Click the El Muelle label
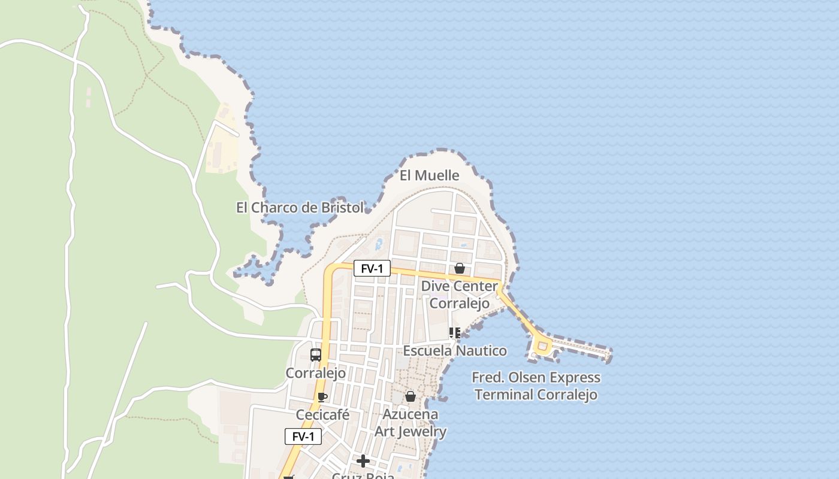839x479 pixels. point(429,175)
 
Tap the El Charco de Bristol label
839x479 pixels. point(300,208)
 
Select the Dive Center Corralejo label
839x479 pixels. point(460,295)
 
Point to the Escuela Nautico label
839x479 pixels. point(455,350)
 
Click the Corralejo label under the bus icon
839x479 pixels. point(316,373)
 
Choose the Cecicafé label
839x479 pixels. point(322,415)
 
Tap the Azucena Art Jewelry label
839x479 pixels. point(411,423)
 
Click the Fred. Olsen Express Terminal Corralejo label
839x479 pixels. point(536,386)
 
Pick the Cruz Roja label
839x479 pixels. point(363,476)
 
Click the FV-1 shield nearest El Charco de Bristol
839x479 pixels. point(372,269)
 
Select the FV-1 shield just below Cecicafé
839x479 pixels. point(303,436)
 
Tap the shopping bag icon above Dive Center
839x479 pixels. point(460,268)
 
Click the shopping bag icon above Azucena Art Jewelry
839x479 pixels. point(411,396)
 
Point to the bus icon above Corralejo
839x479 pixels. point(316,355)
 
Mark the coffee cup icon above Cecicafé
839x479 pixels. point(322,397)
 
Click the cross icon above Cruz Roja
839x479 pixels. point(363,461)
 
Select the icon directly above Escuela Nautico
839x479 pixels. point(455,332)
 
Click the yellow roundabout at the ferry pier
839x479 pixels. point(542,346)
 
